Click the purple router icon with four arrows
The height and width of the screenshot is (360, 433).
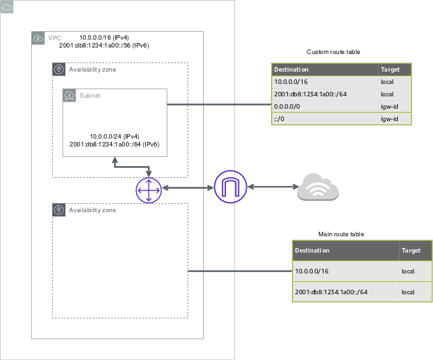point(148,188)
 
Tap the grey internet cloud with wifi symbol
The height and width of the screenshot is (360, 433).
point(318,188)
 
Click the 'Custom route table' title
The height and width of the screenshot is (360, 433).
point(333,51)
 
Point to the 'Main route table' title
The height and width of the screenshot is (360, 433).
point(341,234)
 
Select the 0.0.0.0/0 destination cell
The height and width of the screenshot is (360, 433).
point(287,107)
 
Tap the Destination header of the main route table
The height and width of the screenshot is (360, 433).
point(312,250)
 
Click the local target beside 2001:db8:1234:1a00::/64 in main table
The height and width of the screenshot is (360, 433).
point(408,292)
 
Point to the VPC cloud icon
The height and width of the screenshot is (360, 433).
point(38,38)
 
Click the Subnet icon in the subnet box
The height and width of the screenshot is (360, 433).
point(70,96)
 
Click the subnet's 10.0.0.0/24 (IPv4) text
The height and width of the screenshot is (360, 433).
point(115,135)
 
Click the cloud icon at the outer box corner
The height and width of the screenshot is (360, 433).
point(7,7)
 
